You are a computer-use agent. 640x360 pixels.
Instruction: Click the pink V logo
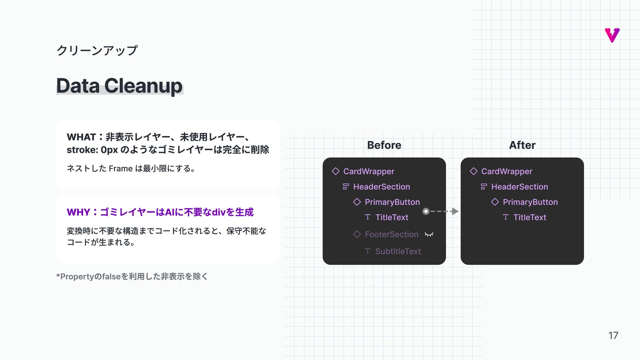[x=612, y=35]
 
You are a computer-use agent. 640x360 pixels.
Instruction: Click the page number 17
[x=613, y=335]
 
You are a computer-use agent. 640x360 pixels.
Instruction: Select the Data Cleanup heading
[x=119, y=86]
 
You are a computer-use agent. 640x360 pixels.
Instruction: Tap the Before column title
[x=384, y=145]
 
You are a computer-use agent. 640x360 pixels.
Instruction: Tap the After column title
[x=522, y=145]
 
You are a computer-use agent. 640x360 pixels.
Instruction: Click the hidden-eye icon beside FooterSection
[x=429, y=235]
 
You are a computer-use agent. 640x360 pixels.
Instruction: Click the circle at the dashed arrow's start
[x=426, y=211]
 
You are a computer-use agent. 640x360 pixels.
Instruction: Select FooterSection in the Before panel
[x=391, y=234]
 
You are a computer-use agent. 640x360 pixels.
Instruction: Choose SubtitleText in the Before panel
[x=398, y=251]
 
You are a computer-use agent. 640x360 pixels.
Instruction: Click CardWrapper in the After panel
[x=507, y=171]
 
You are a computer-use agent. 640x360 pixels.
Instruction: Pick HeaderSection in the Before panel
[x=381, y=187]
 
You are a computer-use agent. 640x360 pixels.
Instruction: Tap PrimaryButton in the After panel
[x=530, y=202]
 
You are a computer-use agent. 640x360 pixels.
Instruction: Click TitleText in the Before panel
[x=392, y=217]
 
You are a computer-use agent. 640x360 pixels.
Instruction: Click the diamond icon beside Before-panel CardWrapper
[x=335, y=171]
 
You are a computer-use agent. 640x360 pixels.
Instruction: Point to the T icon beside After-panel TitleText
[x=505, y=217]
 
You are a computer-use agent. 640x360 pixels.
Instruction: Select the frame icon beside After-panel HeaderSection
[x=484, y=187]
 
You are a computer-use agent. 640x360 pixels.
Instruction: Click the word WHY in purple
[x=78, y=212]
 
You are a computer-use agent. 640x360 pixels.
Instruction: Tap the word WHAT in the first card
[x=81, y=137]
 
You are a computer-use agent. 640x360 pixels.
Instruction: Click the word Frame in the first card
[x=121, y=169]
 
